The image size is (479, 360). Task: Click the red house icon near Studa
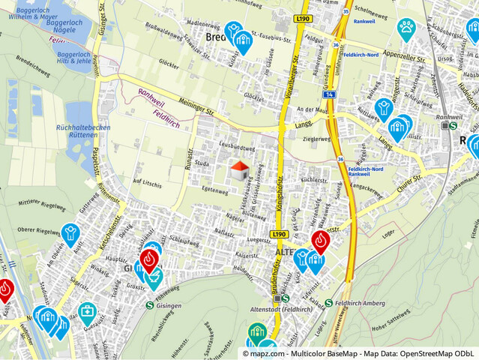[239, 170]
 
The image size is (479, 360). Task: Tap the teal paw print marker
[406, 29]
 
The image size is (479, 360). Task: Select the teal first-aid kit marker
[87, 311]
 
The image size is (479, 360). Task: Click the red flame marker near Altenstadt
[321, 241]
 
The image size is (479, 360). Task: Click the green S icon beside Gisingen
[149, 304]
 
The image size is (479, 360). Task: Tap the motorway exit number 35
[344, 11]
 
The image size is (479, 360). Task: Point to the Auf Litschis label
[147, 183]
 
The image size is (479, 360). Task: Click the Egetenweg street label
[214, 191]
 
